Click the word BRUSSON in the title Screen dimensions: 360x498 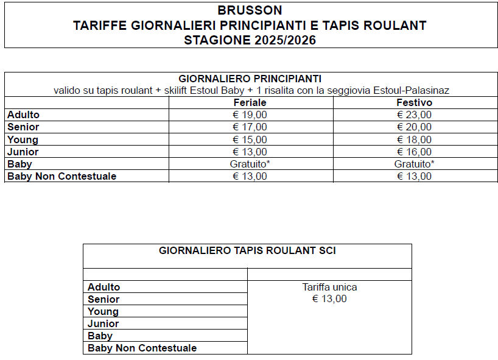click(x=250, y=10)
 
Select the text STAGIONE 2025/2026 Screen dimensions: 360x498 click(x=250, y=40)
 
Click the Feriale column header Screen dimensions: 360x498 click(x=250, y=103)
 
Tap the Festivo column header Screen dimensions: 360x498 click(x=414, y=103)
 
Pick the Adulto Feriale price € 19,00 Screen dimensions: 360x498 click(x=250, y=115)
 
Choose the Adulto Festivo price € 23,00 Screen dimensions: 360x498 click(x=414, y=115)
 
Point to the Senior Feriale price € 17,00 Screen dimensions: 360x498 click(x=250, y=127)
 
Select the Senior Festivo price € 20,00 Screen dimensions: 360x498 click(x=414, y=127)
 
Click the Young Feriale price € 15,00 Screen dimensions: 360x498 click(x=250, y=140)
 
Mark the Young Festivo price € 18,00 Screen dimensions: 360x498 click(x=414, y=140)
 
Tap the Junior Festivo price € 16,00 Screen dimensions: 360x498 click(x=414, y=152)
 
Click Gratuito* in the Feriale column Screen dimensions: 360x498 click(x=250, y=164)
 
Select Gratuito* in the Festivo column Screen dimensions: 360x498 click(x=414, y=164)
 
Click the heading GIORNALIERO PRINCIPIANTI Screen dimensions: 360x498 click(x=250, y=79)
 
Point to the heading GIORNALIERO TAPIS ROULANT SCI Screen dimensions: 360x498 click(x=247, y=250)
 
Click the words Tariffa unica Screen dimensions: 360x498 click(x=329, y=287)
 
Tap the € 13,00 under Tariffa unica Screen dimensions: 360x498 click(x=329, y=299)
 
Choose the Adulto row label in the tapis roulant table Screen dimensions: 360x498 click(x=104, y=287)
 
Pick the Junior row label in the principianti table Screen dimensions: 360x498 click(x=23, y=152)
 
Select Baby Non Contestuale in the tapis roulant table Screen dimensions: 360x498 click(x=142, y=348)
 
